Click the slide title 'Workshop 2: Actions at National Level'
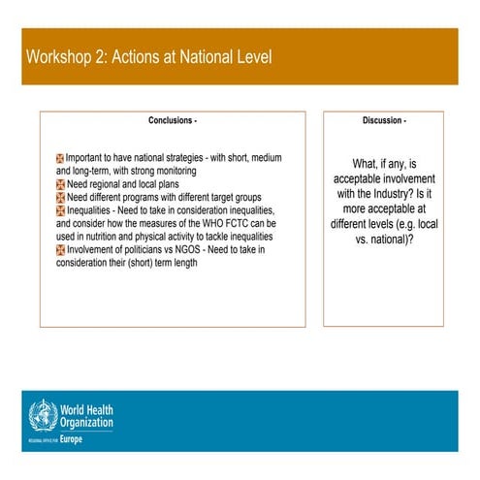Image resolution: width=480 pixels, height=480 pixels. coord(148,57)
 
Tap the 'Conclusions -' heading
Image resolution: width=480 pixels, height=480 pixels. coord(173,121)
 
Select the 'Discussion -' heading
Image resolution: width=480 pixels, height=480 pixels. coord(385,121)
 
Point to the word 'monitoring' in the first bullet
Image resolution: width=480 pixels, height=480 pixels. coord(204,170)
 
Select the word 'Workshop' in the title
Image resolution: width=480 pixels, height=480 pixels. coord(61,57)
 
